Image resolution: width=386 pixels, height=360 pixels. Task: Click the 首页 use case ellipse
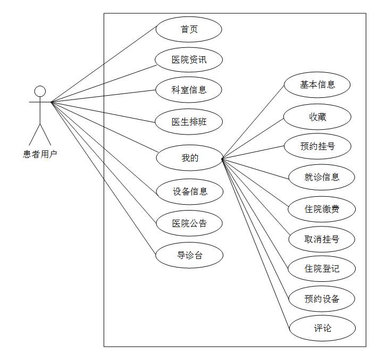point(189,29)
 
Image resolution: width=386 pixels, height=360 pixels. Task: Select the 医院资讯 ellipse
point(189,60)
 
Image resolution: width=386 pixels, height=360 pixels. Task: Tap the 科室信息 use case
point(189,90)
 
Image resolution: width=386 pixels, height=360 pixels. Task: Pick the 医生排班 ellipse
point(189,122)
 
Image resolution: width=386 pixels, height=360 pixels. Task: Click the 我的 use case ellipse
point(189,158)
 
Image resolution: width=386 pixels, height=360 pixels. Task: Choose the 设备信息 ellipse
point(189,191)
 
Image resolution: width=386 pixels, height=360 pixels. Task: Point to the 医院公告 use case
point(189,223)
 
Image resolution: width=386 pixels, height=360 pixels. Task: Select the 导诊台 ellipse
point(189,255)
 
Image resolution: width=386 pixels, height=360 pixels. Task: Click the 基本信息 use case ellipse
point(317,85)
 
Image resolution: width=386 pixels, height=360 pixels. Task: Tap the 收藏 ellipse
point(317,117)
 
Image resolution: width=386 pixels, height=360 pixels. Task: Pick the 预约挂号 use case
point(317,146)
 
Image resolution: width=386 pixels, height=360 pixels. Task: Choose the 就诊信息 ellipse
point(322,177)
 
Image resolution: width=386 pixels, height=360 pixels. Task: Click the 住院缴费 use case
point(322,209)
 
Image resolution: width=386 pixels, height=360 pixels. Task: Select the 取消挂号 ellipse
point(322,239)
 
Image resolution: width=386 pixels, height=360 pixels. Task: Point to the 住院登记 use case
point(322,269)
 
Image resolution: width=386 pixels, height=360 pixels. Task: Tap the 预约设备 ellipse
point(322,298)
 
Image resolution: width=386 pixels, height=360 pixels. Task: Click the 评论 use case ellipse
point(322,328)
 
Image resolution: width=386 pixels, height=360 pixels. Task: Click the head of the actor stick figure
point(40,91)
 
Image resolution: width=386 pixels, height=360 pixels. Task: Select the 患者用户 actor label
point(40,154)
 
